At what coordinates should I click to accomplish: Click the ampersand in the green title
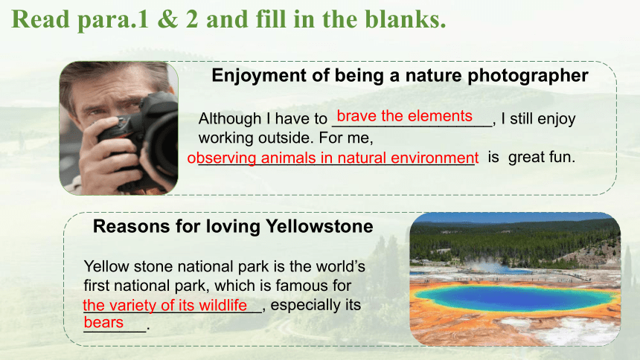point(167,19)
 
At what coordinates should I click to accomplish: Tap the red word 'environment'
point(435,158)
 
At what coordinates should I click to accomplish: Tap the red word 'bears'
point(103,323)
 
